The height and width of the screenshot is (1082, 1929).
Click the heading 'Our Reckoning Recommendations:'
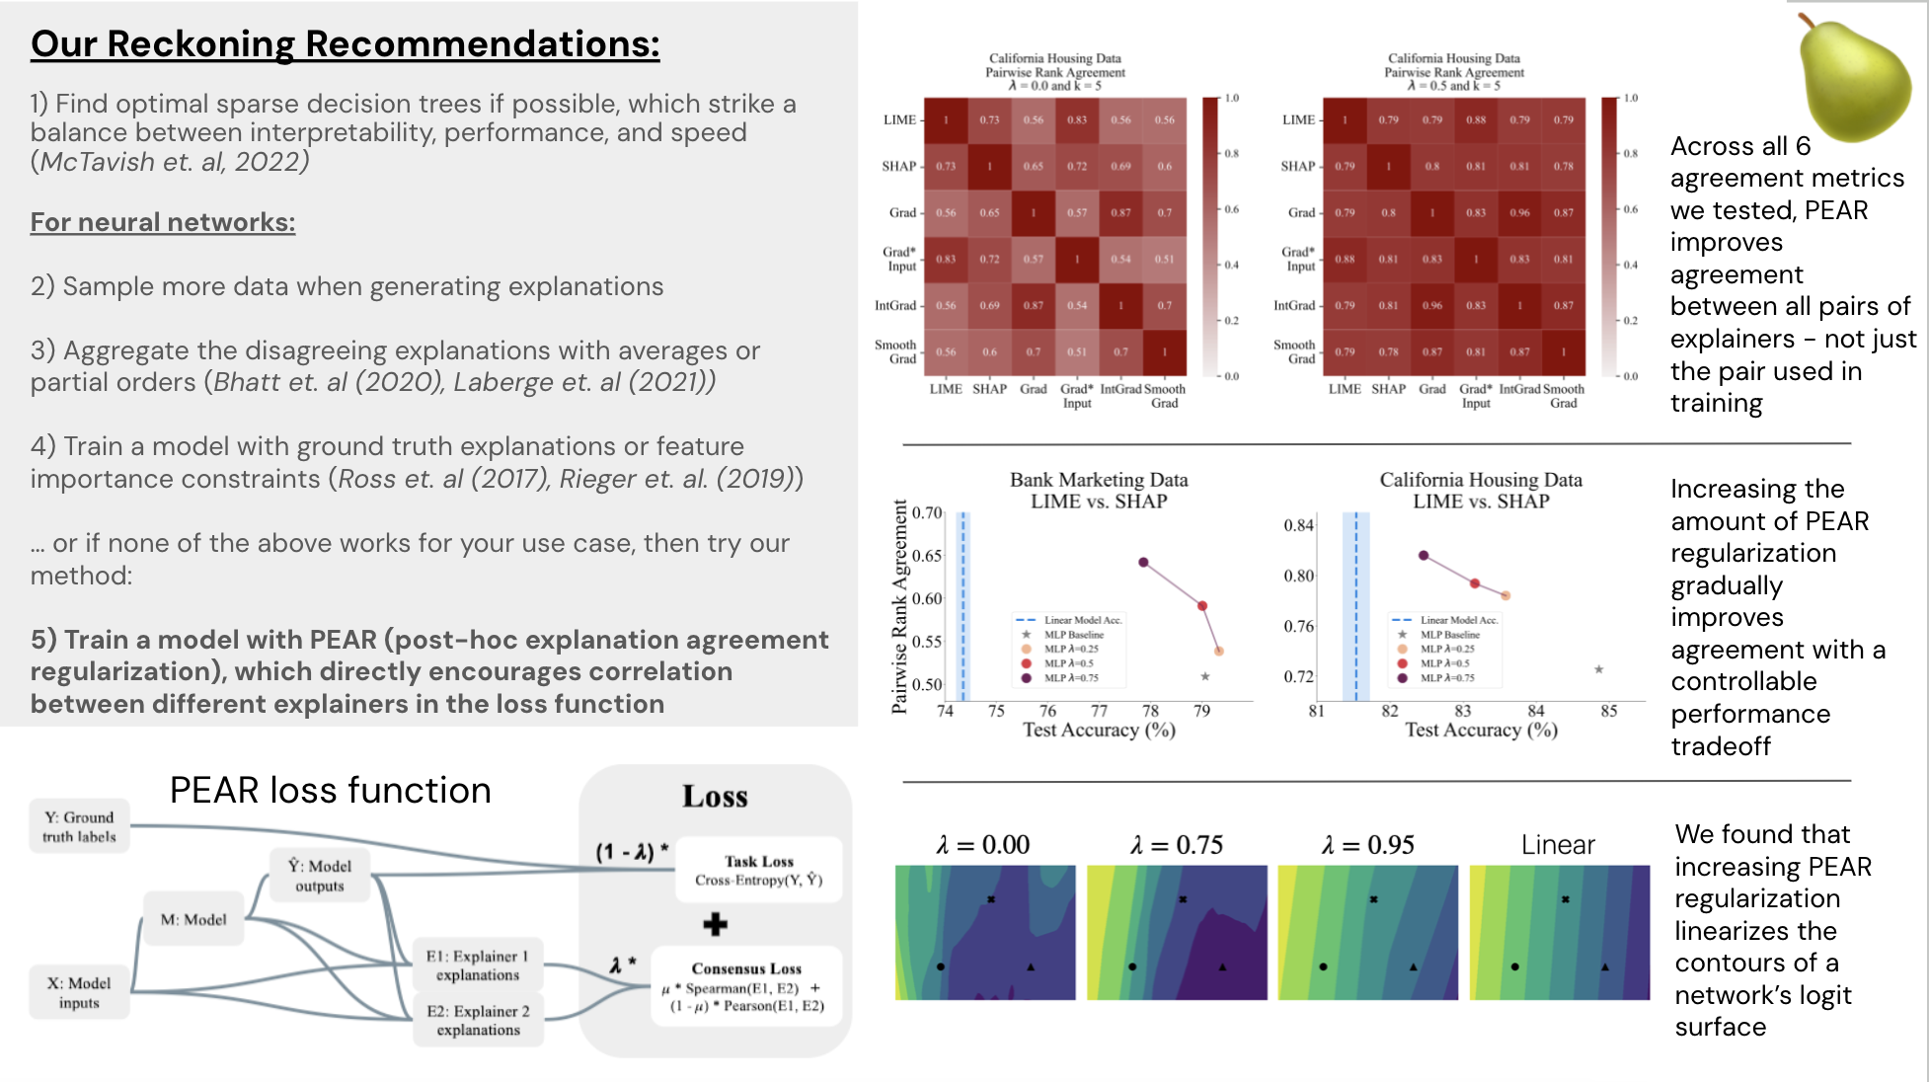(x=345, y=44)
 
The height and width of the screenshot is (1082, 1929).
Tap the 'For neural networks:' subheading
(x=163, y=222)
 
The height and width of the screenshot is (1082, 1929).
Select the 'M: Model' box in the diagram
(x=193, y=919)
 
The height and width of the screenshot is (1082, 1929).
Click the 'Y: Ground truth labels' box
(x=79, y=826)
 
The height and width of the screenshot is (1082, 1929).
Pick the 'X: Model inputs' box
(x=79, y=992)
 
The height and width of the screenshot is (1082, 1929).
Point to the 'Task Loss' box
(x=758, y=870)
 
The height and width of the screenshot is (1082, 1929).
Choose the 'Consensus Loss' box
(x=746, y=986)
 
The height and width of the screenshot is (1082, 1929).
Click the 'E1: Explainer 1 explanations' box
(x=478, y=965)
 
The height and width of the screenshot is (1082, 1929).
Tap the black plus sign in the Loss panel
(x=715, y=925)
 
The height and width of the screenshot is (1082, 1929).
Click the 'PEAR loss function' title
(x=330, y=791)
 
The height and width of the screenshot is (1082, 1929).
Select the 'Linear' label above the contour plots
(x=1558, y=845)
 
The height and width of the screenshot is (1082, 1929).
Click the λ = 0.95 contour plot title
(x=1367, y=845)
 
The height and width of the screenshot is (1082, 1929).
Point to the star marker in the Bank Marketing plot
(x=1205, y=676)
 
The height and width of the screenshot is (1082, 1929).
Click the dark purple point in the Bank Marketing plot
(x=1143, y=563)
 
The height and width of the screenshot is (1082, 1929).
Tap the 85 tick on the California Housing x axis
(x=1609, y=711)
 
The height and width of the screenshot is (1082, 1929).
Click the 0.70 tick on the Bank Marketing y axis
(x=927, y=512)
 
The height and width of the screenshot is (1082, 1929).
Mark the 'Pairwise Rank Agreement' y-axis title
(x=899, y=606)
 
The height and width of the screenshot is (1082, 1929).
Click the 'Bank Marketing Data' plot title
(x=1099, y=480)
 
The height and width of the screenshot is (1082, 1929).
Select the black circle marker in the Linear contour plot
(x=1514, y=966)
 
